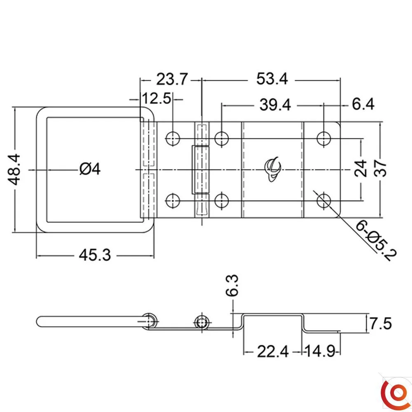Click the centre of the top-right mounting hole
pos(324,138)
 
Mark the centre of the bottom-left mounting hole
pos(173,201)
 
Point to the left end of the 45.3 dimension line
pos(36,255)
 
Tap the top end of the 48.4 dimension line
pos(15,107)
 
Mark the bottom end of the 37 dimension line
pos(380,218)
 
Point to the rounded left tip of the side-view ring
pos(37,322)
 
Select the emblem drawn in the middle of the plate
pos(272,169)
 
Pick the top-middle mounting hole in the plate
pos(222,138)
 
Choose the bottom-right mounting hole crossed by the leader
pos(324,201)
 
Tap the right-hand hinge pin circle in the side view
pos(202,322)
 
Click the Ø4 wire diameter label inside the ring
pos(90,169)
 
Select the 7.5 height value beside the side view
pos(380,323)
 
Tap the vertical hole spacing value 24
pos(360,168)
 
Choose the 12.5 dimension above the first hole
pos(157,98)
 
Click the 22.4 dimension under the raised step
pos(273,351)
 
